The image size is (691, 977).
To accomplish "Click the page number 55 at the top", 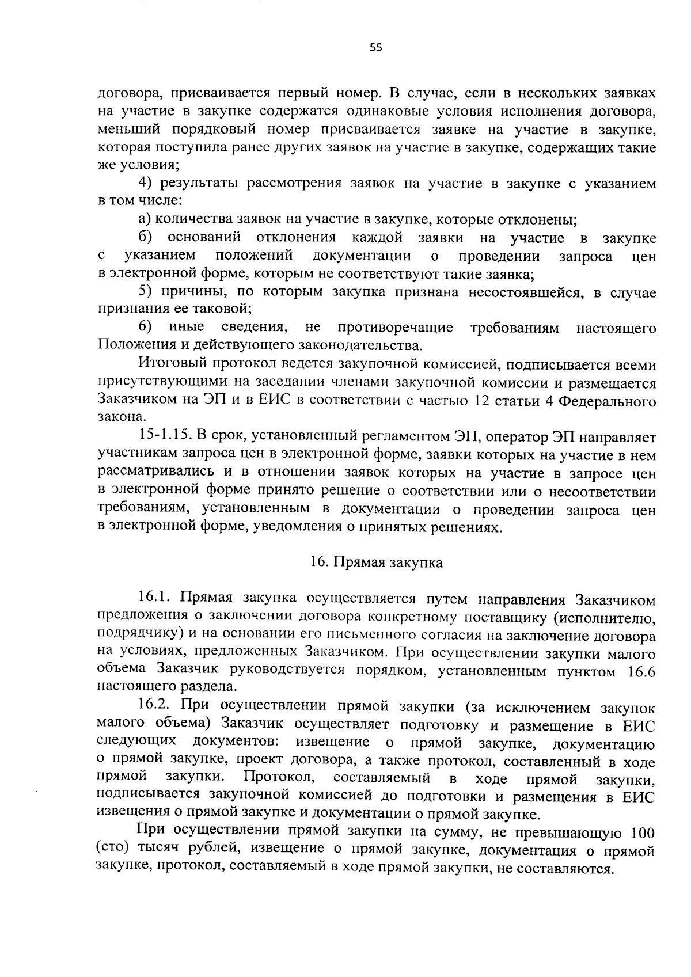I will pos(376,48).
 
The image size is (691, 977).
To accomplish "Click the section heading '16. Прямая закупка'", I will pos(377,562).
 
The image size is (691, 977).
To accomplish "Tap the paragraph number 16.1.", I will pos(155,599).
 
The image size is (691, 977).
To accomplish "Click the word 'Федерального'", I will pos(614,400).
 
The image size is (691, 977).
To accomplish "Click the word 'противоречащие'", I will pos(396,328).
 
